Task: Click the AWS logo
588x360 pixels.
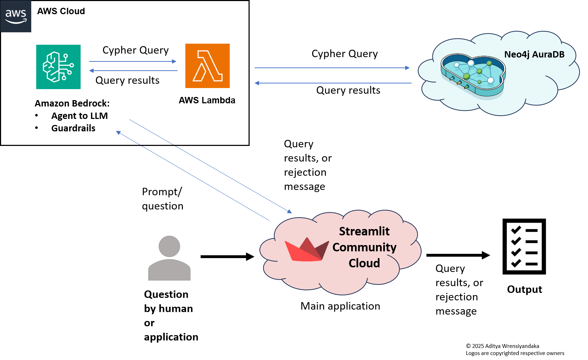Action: coord(16,16)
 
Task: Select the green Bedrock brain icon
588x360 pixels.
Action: coord(58,67)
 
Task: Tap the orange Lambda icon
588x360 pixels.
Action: coord(207,66)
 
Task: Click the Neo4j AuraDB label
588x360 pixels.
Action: coord(534,54)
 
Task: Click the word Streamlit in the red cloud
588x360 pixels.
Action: coord(364,231)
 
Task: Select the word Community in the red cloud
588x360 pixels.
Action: coord(364,247)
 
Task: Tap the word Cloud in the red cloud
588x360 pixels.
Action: coord(364,263)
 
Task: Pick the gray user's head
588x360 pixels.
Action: coord(169,246)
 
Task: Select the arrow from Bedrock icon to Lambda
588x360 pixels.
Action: coord(133,61)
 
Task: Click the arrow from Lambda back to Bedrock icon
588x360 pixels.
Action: coord(133,71)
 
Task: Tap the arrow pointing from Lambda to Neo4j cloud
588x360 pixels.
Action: coord(332,67)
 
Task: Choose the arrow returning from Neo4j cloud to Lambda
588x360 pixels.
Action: coord(333,83)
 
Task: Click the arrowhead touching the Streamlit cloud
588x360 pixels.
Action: coord(289,211)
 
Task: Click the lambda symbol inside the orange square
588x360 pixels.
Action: coord(207,66)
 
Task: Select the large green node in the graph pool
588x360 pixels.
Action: coord(467,76)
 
